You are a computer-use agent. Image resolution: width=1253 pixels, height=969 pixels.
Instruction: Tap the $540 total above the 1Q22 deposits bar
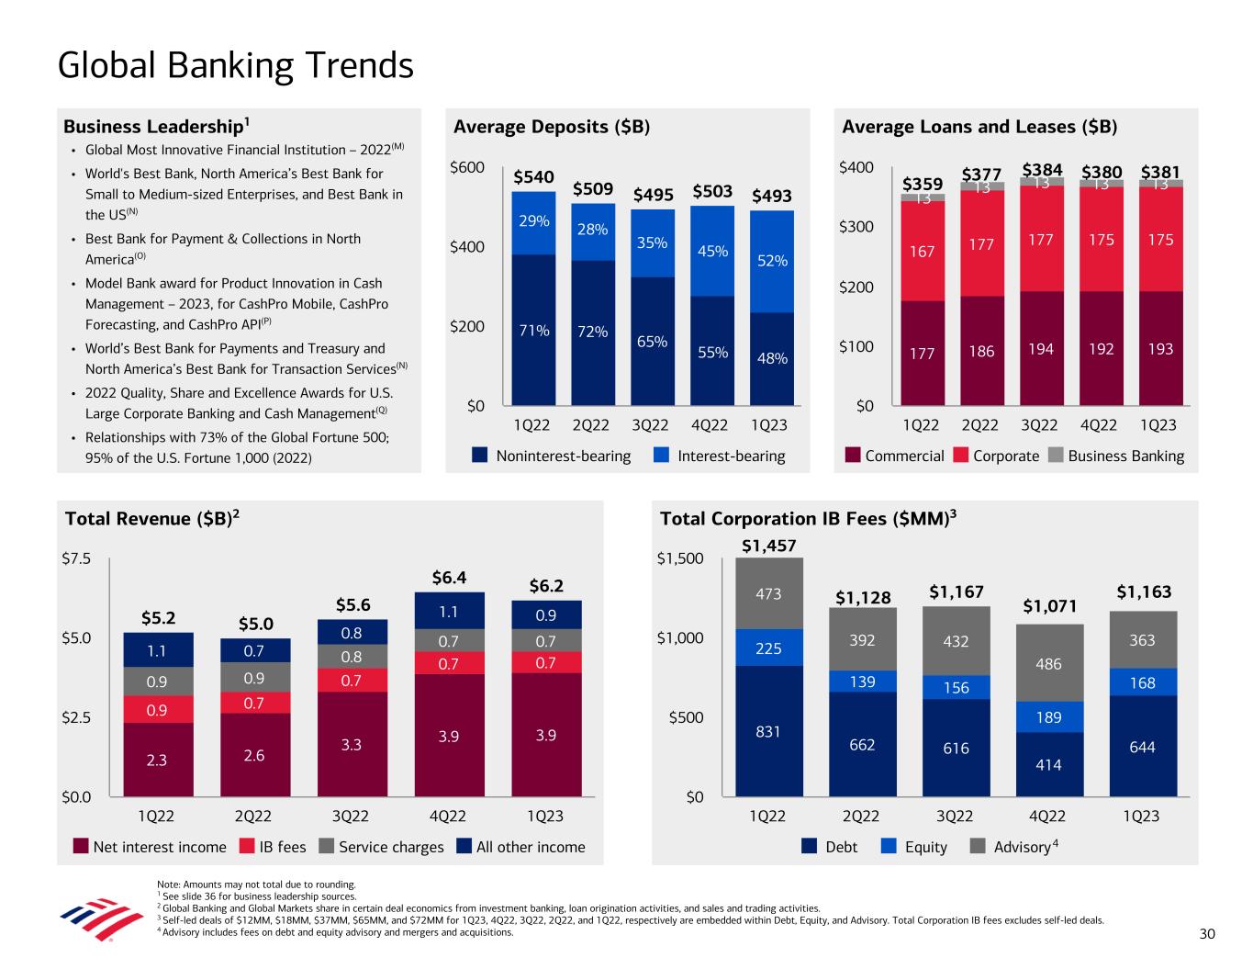coord(533,176)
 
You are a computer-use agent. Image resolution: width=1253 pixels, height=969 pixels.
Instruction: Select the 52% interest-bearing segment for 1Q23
coord(773,261)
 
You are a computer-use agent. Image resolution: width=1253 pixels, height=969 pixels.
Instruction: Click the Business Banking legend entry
coord(1125,456)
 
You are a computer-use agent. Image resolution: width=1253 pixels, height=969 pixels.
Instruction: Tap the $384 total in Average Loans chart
coord(1042,170)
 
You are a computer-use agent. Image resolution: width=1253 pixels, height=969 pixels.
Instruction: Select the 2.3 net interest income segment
coord(157,760)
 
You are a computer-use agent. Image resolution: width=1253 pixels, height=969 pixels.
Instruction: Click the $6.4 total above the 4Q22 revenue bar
coord(449,578)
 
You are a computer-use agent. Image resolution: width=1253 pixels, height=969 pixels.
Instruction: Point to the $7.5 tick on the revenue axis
coord(75,558)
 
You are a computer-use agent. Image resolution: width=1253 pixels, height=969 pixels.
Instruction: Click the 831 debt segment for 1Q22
coord(768,731)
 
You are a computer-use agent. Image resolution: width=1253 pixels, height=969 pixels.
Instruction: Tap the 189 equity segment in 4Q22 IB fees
coord(1048,716)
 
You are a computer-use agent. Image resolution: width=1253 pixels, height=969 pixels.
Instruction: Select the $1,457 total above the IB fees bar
coord(769,546)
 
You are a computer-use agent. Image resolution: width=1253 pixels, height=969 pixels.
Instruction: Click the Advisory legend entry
coord(1022,847)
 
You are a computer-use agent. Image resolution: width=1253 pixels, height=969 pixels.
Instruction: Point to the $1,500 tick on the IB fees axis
coord(680,558)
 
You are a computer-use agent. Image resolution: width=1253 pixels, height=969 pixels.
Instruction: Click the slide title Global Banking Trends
coord(235,66)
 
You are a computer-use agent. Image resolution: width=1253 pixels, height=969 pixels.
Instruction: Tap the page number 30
coord(1206,934)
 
